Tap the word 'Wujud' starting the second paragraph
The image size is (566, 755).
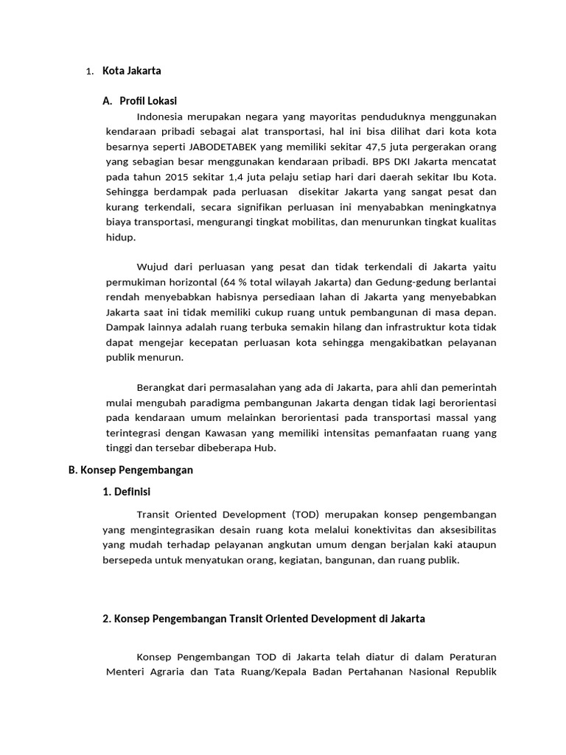pos(151,266)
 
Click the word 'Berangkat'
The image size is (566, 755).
pos(160,387)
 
